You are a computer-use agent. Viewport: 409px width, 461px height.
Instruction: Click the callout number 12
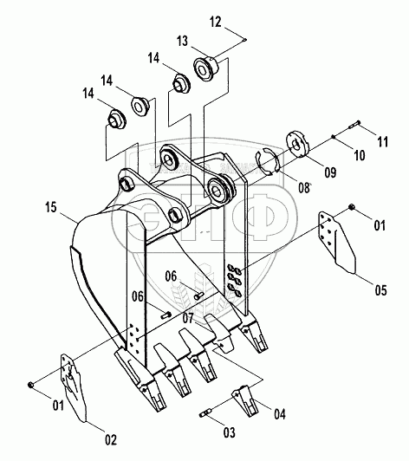pyautogui.click(x=216, y=23)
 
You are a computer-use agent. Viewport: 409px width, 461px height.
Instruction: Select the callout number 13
pyautogui.click(x=182, y=42)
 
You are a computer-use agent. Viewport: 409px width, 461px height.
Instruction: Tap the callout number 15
pyautogui.click(x=50, y=207)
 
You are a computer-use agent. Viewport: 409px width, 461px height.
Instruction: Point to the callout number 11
pyautogui.click(x=382, y=142)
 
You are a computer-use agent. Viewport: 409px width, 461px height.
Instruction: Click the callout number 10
pyautogui.click(x=359, y=155)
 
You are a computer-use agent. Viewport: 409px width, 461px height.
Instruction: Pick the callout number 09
pyautogui.click(x=330, y=172)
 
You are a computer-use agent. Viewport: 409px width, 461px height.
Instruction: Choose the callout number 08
pyautogui.click(x=304, y=188)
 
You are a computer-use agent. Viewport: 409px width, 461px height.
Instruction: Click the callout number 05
pyautogui.click(x=380, y=290)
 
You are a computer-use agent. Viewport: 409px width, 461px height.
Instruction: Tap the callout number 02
pyautogui.click(x=111, y=440)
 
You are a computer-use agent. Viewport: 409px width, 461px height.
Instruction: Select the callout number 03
pyautogui.click(x=230, y=432)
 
